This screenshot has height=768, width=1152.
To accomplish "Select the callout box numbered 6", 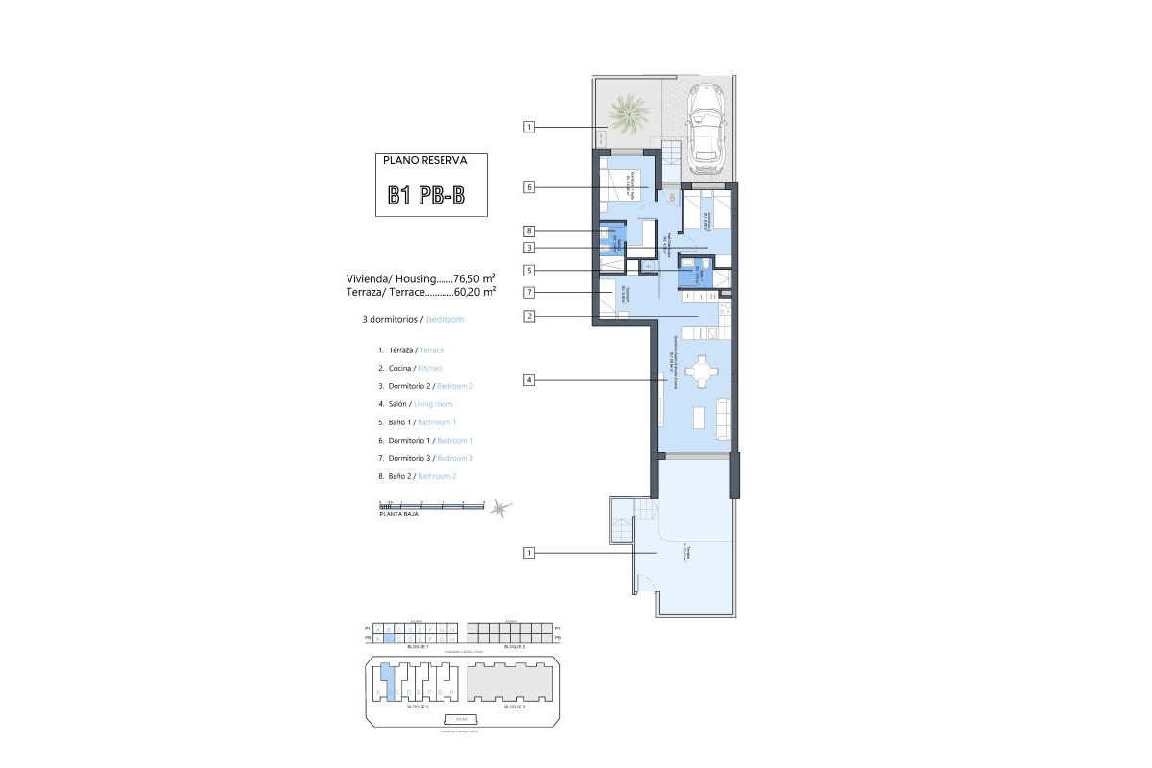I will pos(529,187).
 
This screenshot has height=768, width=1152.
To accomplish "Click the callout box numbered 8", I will pos(529,231).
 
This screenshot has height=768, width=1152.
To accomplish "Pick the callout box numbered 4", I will pos(529,380).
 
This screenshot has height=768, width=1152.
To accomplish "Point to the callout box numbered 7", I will pos(529,292).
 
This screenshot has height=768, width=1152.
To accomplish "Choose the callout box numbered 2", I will pos(529,316).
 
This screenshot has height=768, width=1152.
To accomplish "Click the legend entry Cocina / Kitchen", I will pos(410,369).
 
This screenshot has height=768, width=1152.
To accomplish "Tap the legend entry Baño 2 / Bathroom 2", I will pos(417,476).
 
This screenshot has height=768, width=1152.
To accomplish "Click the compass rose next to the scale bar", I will pos(500,508).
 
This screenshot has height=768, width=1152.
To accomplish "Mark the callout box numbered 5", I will pos(529,271).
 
